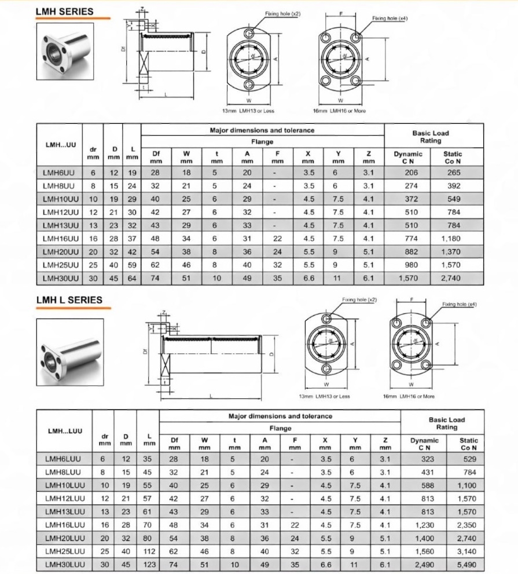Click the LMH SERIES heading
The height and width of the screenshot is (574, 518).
click(x=64, y=12)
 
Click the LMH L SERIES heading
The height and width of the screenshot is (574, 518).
click(x=69, y=300)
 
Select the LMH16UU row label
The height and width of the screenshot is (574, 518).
click(x=61, y=238)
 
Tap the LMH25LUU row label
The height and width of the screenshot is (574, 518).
click(x=65, y=551)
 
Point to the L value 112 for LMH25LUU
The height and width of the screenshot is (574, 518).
click(x=149, y=551)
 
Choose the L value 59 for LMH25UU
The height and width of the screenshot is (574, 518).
click(x=132, y=265)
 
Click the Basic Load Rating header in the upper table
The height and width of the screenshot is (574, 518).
click(x=431, y=137)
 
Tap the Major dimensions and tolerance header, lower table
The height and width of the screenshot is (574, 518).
click(x=280, y=416)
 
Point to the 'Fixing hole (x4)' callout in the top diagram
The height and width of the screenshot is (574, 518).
click(x=390, y=19)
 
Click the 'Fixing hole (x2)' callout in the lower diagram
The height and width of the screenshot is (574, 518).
click(x=359, y=300)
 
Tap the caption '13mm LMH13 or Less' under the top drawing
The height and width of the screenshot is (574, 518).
click(x=248, y=111)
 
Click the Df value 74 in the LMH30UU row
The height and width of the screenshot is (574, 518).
click(x=156, y=278)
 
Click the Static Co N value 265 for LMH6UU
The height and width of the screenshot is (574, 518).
click(x=453, y=172)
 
